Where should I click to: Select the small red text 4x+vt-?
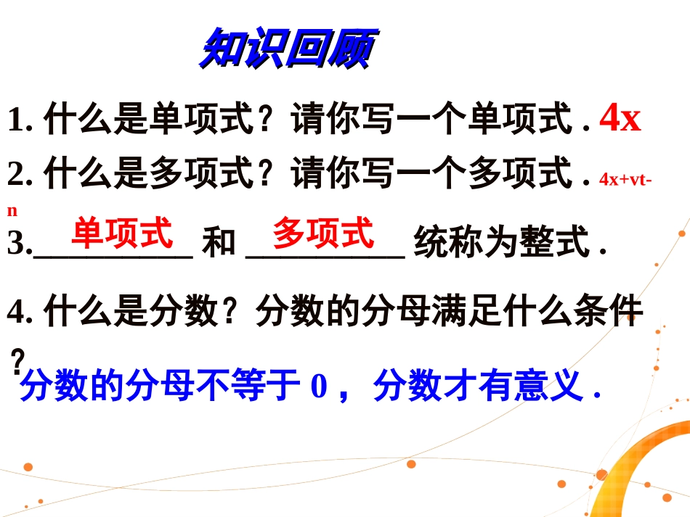click(624, 179)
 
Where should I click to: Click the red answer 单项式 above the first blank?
click(122, 233)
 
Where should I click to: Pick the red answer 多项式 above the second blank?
click(322, 233)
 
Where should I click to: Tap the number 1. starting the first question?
click(21, 120)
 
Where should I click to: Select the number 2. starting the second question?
click(21, 175)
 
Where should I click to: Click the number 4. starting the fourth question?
click(21, 313)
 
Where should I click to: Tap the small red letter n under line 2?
click(12, 211)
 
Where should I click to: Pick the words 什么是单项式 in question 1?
click(148, 120)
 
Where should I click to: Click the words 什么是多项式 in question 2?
click(148, 175)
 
